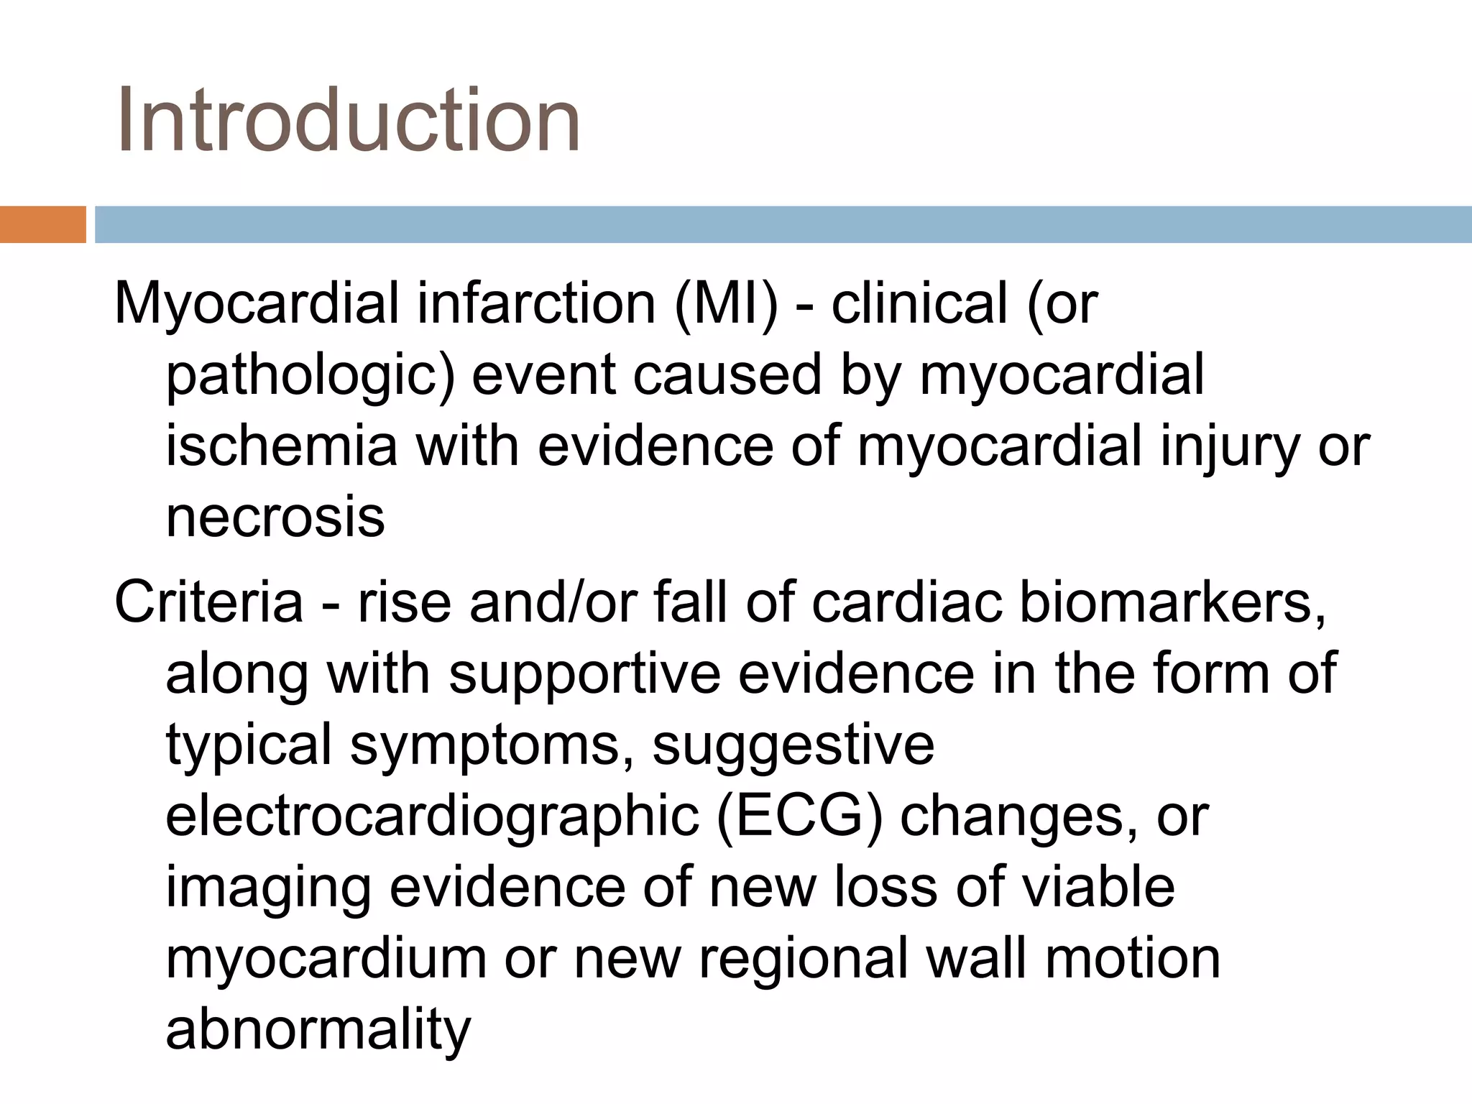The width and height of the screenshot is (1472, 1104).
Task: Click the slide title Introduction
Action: (348, 120)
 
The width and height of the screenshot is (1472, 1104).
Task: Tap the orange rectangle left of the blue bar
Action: (42, 224)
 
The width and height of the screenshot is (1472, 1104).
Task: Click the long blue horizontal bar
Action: (783, 224)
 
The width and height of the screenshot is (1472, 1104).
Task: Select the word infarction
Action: (535, 303)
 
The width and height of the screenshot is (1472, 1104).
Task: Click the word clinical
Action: (919, 303)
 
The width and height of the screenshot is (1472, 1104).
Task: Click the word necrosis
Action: (275, 517)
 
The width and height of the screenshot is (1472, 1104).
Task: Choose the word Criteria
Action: (208, 602)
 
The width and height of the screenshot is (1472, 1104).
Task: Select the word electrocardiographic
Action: (432, 817)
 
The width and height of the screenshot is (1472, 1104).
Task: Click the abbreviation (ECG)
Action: (799, 817)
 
